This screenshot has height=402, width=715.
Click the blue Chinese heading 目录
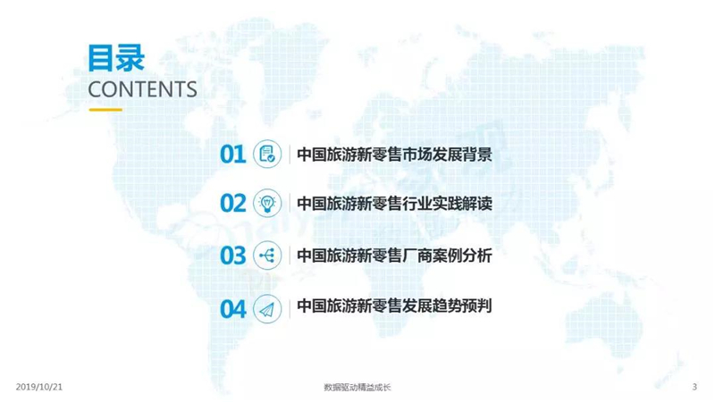(116, 58)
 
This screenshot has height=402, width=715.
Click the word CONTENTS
(142, 89)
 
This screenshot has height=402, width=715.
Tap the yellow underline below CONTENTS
(105, 110)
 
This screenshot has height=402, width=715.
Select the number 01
(233, 154)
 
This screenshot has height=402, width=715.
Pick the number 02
(233, 204)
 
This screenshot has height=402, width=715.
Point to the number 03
(233, 255)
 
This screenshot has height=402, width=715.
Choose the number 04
(233, 309)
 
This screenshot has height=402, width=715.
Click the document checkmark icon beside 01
(267, 154)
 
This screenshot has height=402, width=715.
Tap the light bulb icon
(267, 204)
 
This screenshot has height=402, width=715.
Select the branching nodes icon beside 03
(267, 255)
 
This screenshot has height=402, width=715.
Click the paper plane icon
(267, 309)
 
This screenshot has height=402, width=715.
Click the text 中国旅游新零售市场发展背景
(394, 155)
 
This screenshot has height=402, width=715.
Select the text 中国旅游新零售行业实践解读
(394, 204)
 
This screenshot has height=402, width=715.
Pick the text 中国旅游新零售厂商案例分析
(394, 255)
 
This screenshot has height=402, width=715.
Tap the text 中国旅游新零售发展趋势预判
(394, 306)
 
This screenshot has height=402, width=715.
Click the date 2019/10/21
(39, 387)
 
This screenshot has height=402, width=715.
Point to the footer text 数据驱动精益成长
(357, 388)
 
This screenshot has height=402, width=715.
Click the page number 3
(694, 387)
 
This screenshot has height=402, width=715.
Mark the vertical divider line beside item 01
(290, 154)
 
